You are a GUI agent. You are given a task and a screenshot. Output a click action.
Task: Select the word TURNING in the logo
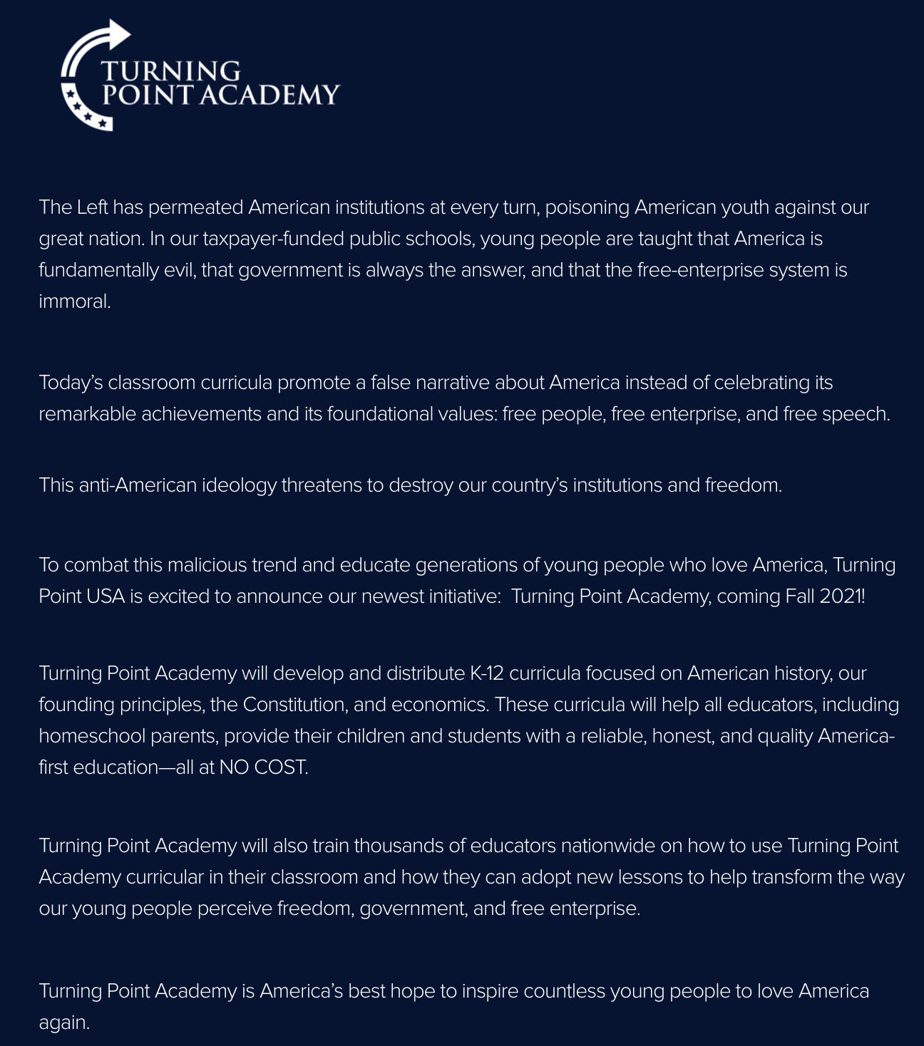pyautogui.click(x=170, y=71)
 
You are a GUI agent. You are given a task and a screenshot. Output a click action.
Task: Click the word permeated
pyautogui.click(x=195, y=207)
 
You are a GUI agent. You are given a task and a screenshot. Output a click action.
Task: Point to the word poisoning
pyautogui.click(x=587, y=207)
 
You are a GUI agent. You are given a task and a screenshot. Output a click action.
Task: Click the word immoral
pyautogui.click(x=74, y=301)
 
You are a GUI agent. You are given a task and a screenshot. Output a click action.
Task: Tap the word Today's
pyautogui.click(x=71, y=383)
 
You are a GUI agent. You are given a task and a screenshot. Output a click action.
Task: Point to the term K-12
pyautogui.click(x=486, y=673)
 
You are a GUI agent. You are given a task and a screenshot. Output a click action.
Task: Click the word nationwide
pyautogui.click(x=608, y=846)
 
